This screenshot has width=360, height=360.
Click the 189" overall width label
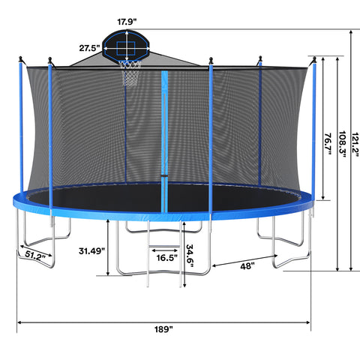click(x=163, y=329)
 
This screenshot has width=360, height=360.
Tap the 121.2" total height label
click(x=355, y=145)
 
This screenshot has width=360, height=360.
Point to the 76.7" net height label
click(x=328, y=143)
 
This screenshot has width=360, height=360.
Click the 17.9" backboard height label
click(x=127, y=22)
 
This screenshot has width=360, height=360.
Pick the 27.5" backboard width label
click(x=89, y=48)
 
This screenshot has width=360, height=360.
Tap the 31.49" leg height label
click(x=91, y=250)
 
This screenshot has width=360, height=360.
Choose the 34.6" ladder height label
click(x=190, y=255)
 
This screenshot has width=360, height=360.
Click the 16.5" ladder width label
click(x=167, y=257)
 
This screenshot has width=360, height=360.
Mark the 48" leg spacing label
click(x=247, y=266)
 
